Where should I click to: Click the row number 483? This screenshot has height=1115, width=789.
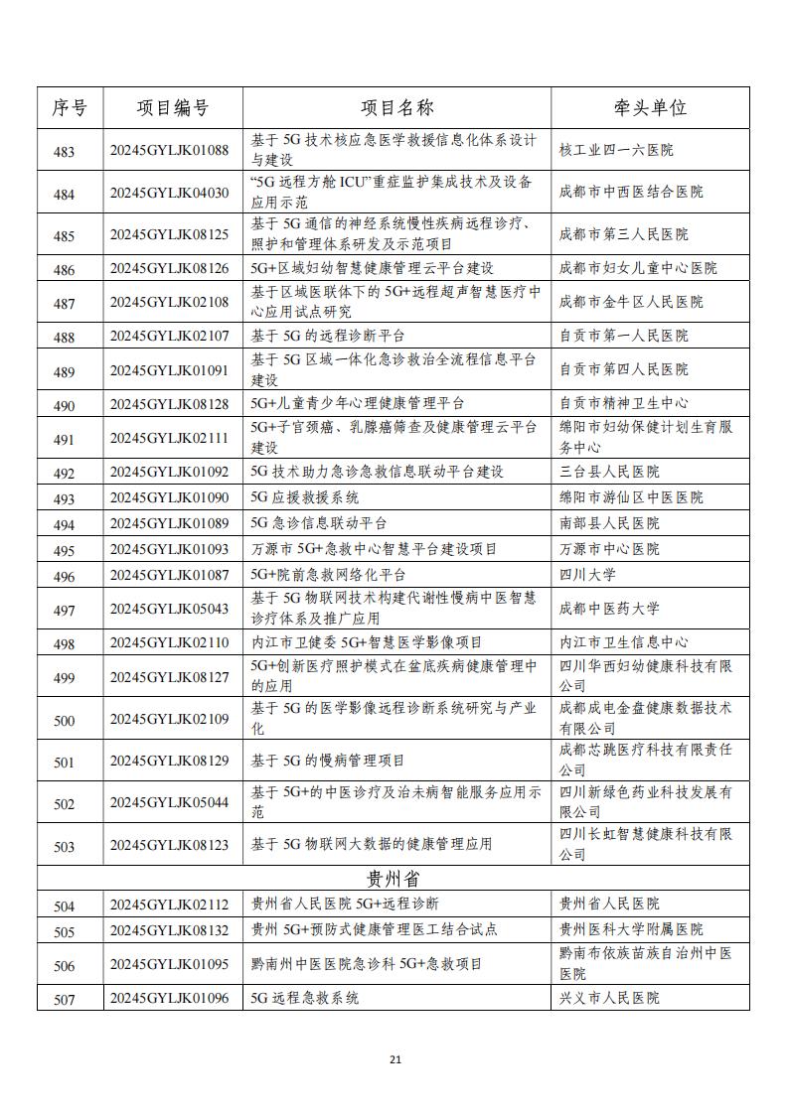pos(64,151)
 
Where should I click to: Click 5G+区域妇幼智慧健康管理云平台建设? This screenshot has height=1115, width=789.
pos(372,268)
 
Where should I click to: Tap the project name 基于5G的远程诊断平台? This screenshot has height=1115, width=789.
pos(328,336)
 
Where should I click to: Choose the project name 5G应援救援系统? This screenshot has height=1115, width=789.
pos(305,497)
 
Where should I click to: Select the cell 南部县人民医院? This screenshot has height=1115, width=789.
pos(609,523)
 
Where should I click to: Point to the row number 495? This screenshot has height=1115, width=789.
pos(64,550)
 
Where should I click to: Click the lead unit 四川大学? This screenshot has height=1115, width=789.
pos(587,575)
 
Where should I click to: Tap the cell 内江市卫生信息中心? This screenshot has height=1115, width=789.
pos(623,642)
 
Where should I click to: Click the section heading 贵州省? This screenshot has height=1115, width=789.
pos(394,879)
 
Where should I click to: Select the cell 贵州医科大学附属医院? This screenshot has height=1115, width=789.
pos(631,930)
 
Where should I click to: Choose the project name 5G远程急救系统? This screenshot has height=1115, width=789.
pos(305,998)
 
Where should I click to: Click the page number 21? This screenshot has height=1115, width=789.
pos(394,1060)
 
